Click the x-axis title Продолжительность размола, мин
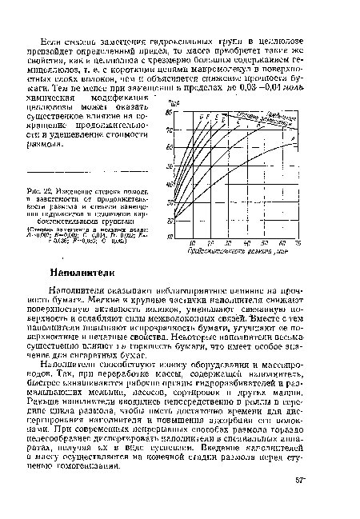(x=235, y=250)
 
